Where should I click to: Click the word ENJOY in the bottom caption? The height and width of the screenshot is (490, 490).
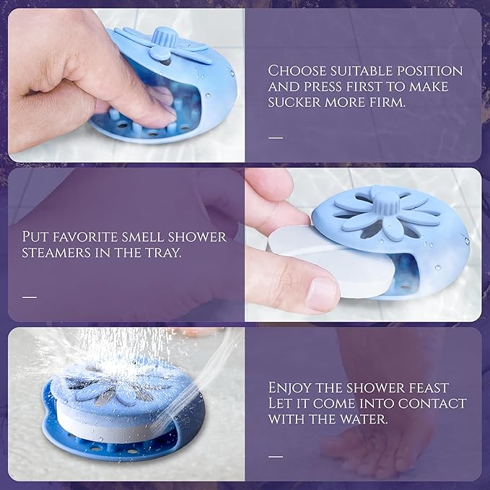coord(289,388)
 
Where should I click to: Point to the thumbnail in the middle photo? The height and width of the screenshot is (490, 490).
coord(321,294)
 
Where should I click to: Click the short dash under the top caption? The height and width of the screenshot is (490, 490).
coord(276,138)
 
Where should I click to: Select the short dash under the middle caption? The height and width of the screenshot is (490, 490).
coord(30,297)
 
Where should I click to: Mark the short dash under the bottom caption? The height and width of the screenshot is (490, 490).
coord(276,457)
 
